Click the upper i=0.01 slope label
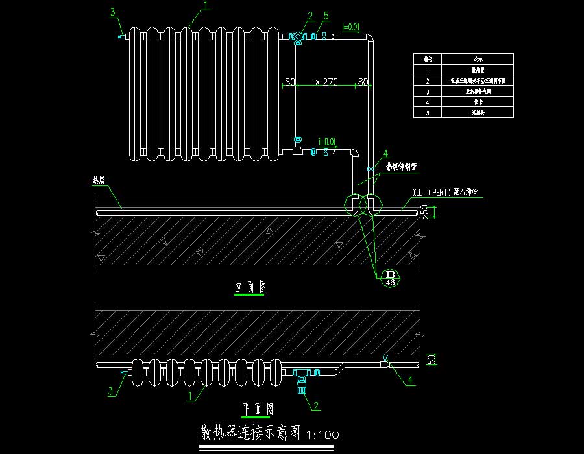point(350,27)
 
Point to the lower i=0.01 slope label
point(326,141)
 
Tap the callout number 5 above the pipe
point(326,16)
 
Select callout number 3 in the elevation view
point(112,12)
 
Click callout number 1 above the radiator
point(206,5)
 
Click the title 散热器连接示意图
point(250,432)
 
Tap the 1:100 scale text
point(322,434)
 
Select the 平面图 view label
point(258,409)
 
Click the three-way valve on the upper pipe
point(298,37)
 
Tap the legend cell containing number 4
point(428,102)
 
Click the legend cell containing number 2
point(428,80)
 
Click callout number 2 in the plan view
point(316,406)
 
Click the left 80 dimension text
point(289,82)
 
